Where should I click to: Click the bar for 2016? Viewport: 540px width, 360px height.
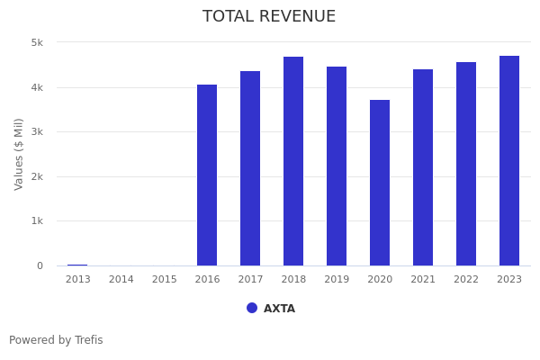207,175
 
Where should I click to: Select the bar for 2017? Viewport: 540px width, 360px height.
250,168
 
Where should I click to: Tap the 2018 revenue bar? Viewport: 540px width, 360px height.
293,161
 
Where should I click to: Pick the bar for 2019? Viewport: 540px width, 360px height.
337,166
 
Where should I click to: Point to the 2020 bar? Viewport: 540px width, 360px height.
380,183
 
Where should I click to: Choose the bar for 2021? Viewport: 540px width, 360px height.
423,167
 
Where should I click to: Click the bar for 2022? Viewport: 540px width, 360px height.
466,164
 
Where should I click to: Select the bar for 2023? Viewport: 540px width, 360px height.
509,161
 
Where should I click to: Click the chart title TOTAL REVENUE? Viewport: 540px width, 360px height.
269,17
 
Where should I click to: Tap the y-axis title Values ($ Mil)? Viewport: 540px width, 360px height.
19,154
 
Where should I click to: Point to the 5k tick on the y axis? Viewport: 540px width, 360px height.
37,42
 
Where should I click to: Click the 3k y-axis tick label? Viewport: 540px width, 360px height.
37,131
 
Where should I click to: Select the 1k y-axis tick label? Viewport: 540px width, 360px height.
37,220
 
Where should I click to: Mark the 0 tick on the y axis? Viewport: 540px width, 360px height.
40,265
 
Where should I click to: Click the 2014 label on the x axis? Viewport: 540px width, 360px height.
121,280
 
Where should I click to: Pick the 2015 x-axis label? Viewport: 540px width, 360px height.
165,280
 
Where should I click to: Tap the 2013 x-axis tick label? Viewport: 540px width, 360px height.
78,280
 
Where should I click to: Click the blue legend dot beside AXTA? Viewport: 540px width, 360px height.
252,308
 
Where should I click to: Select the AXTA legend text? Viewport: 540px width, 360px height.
279,309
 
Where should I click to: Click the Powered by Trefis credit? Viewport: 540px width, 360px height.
56,340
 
